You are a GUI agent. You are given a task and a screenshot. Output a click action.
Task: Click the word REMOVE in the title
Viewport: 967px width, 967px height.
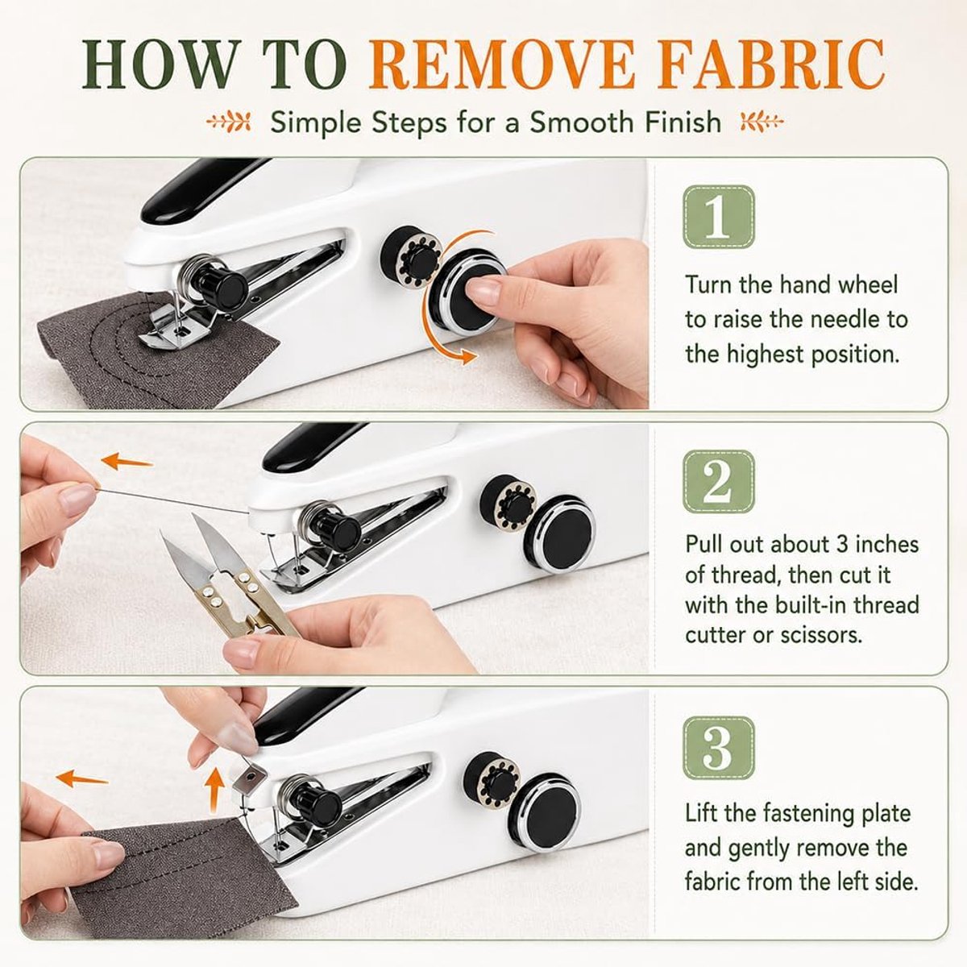[x=502, y=64]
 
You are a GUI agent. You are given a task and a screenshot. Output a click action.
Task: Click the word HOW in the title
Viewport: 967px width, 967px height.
[x=156, y=64]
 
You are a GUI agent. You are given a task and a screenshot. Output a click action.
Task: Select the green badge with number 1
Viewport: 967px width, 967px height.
[x=719, y=217]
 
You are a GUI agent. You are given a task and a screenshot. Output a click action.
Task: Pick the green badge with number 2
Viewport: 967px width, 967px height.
[x=719, y=482]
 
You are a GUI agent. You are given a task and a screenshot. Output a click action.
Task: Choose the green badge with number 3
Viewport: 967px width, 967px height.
[x=719, y=747]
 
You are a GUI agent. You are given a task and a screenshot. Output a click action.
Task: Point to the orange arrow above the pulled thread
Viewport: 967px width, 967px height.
[x=127, y=461]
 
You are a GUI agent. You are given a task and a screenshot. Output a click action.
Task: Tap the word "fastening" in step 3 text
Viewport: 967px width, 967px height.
[x=791, y=813]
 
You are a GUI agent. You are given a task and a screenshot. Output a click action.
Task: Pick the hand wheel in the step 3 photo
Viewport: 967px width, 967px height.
[x=546, y=813]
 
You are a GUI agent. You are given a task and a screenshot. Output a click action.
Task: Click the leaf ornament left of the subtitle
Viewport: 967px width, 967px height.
[x=229, y=122]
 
